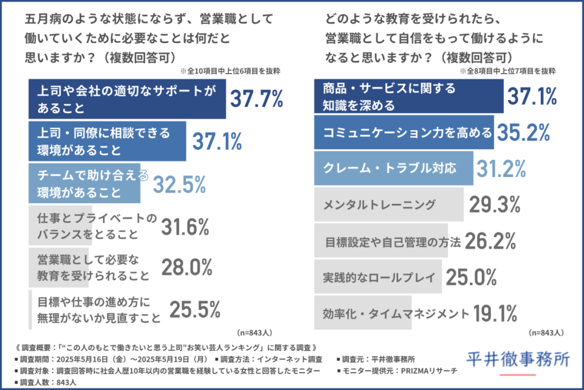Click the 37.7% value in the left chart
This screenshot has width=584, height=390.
(x=256, y=99)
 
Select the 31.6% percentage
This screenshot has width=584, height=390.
(x=185, y=227)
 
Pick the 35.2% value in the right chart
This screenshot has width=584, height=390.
(x=524, y=132)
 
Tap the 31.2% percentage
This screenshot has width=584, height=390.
(x=498, y=168)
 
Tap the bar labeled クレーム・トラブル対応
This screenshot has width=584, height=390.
(x=394, y=169)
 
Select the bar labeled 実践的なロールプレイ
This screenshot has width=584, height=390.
(x=377, y=278)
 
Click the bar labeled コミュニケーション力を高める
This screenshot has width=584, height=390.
(x=404, y=133)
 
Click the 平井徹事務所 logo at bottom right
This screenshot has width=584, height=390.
(x=518, y=359)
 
